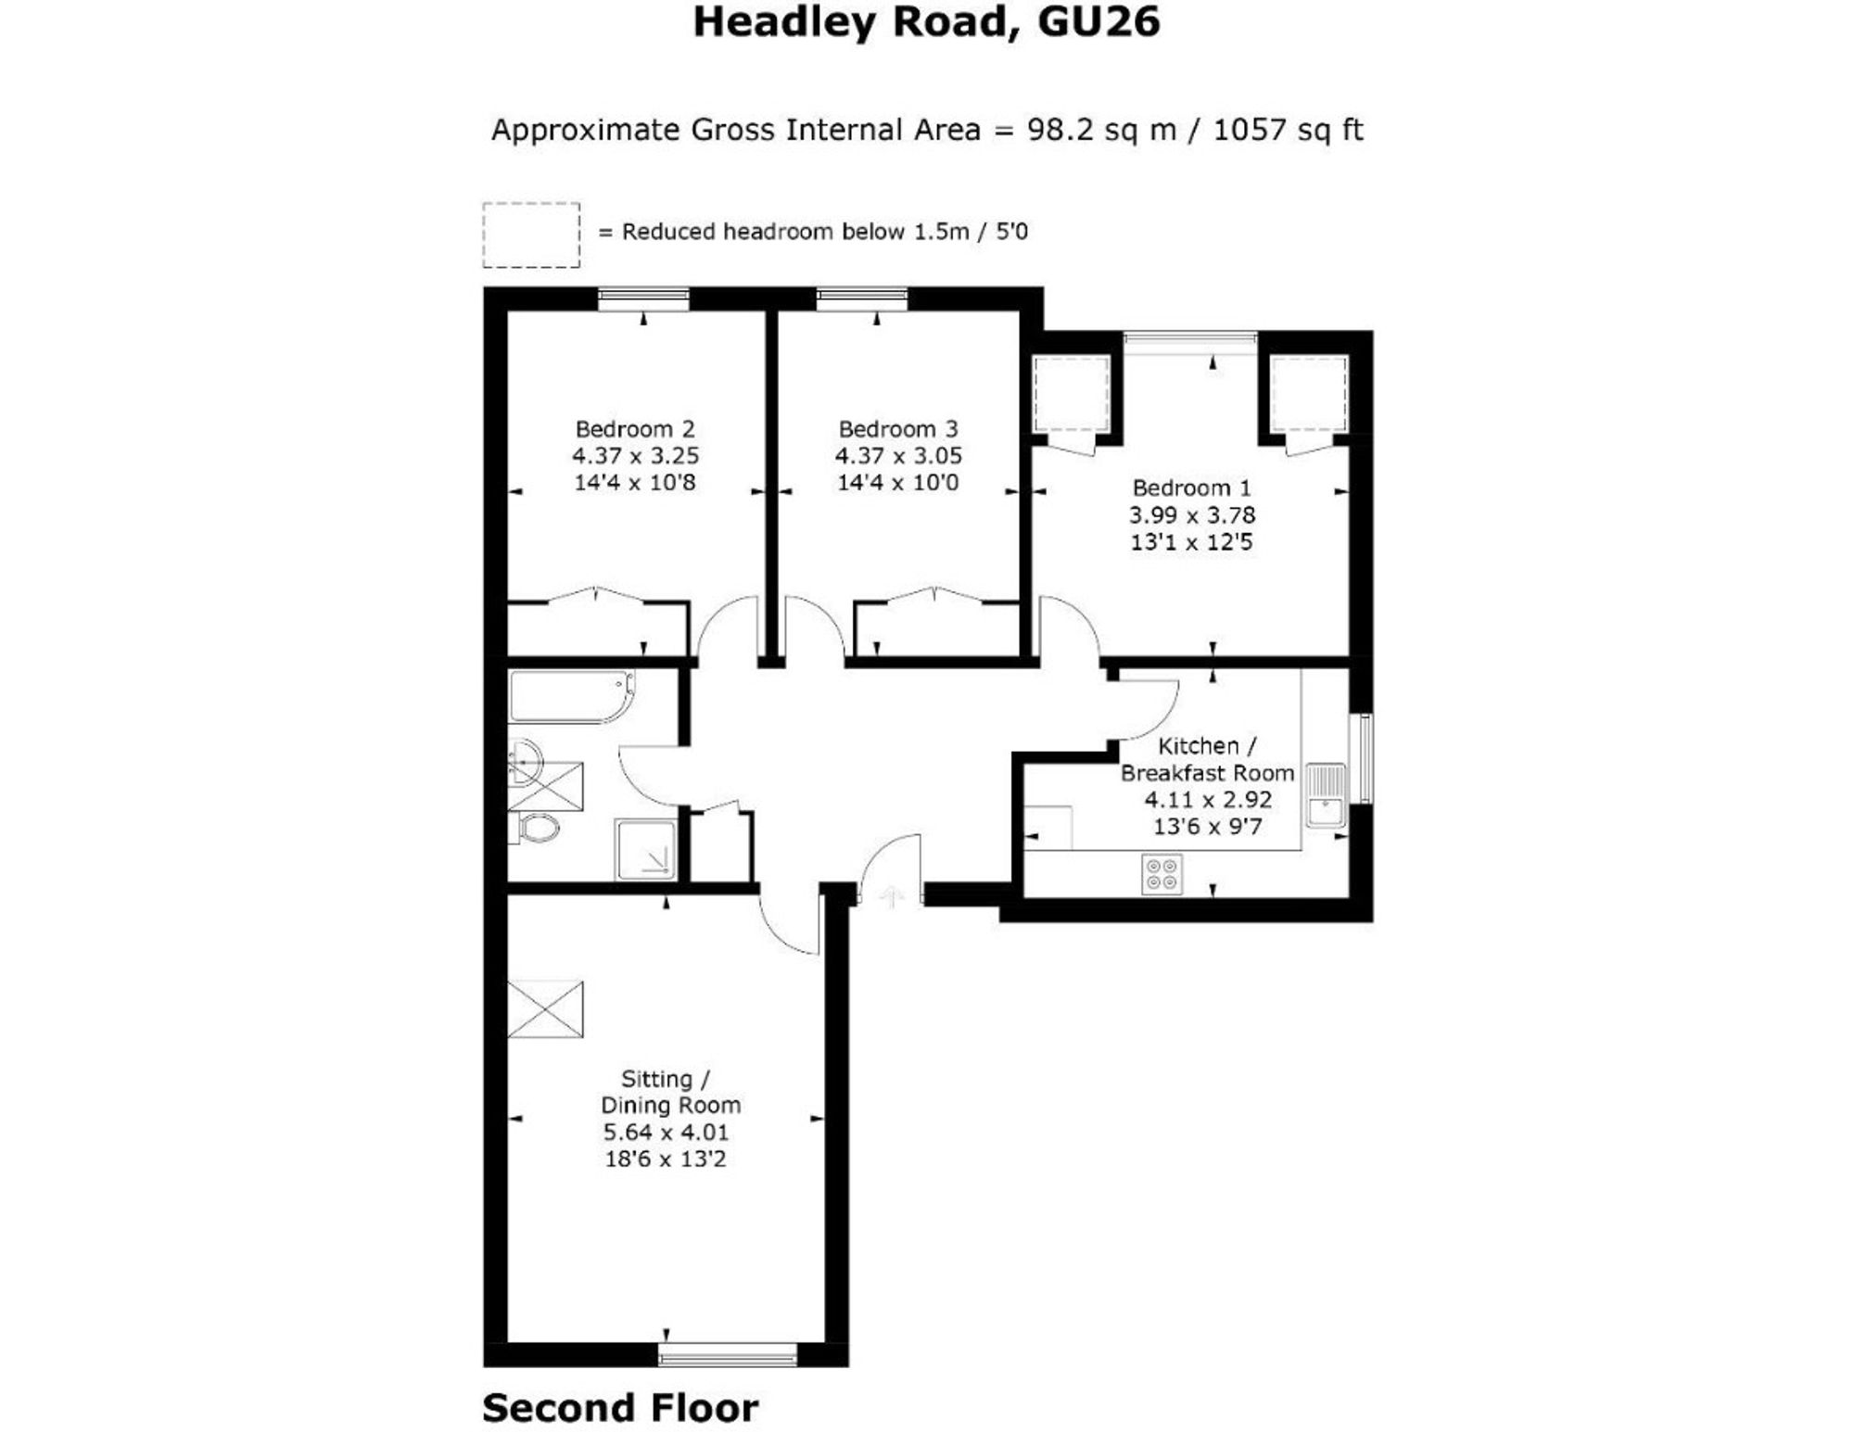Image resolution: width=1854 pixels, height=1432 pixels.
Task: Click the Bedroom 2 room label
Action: click(x=634, y=429)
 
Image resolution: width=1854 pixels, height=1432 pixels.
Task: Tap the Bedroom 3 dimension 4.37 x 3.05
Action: click(x=897, y=456)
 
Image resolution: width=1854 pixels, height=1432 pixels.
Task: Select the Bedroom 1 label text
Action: click(x=1191, y=488)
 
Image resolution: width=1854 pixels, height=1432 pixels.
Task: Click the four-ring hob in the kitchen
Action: click(x=1162, y=874)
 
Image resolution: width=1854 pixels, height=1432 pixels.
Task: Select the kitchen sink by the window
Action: click(x=1326, y=794)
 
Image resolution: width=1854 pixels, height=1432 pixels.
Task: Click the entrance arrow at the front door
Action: click(x=891, y=896)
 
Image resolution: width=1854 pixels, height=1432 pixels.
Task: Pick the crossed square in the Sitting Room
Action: click(x=546, y=1008)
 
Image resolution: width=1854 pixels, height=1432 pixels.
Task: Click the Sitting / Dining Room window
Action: click(x=728, y=1354)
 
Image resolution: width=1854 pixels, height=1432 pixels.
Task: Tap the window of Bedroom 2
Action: click(x=643, y=298)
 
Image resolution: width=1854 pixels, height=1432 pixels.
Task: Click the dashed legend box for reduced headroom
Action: click(x=531, y=235)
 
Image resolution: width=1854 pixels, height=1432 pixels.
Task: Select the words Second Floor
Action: click(x=620, y=1408)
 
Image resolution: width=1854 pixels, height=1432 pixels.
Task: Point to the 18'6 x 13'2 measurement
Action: click(x=665, y=1159)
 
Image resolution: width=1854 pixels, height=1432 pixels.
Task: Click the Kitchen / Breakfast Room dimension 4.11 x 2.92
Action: click(x=1207, y=799)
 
